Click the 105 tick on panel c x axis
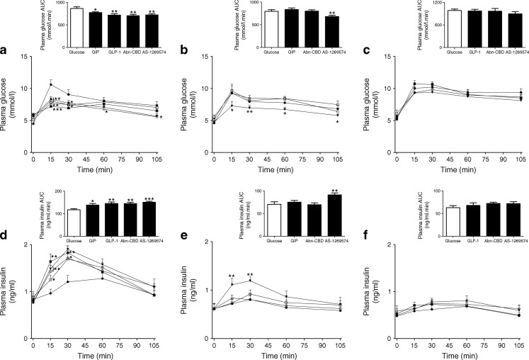coord(521,159)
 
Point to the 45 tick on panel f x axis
coord(440,350)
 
